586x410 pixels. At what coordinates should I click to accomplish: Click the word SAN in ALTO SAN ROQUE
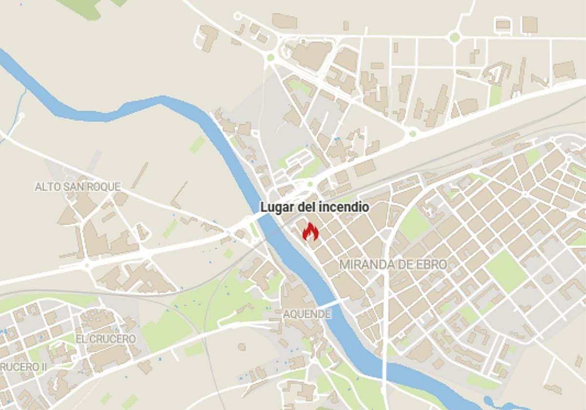(x=74, y=186)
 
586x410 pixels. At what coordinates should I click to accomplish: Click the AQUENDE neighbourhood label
(x=307, y=314)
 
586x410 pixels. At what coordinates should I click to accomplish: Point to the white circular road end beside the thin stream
(x=21, y=117)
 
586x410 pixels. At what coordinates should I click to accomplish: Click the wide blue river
(x=234, y=161)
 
